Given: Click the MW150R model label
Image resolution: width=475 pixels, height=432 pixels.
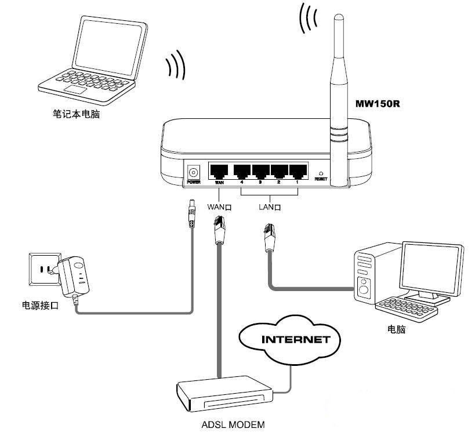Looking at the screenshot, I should point(378,106).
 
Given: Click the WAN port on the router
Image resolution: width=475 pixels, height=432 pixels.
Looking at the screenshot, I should point(219,171).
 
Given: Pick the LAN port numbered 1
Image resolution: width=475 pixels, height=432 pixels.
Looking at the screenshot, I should point(298,171).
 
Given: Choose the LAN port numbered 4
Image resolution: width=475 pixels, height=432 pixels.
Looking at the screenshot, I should point(242,171).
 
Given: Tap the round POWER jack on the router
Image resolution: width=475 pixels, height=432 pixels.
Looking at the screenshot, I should point(193,172).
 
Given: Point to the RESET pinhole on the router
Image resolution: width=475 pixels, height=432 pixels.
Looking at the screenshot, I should point(321,173).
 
